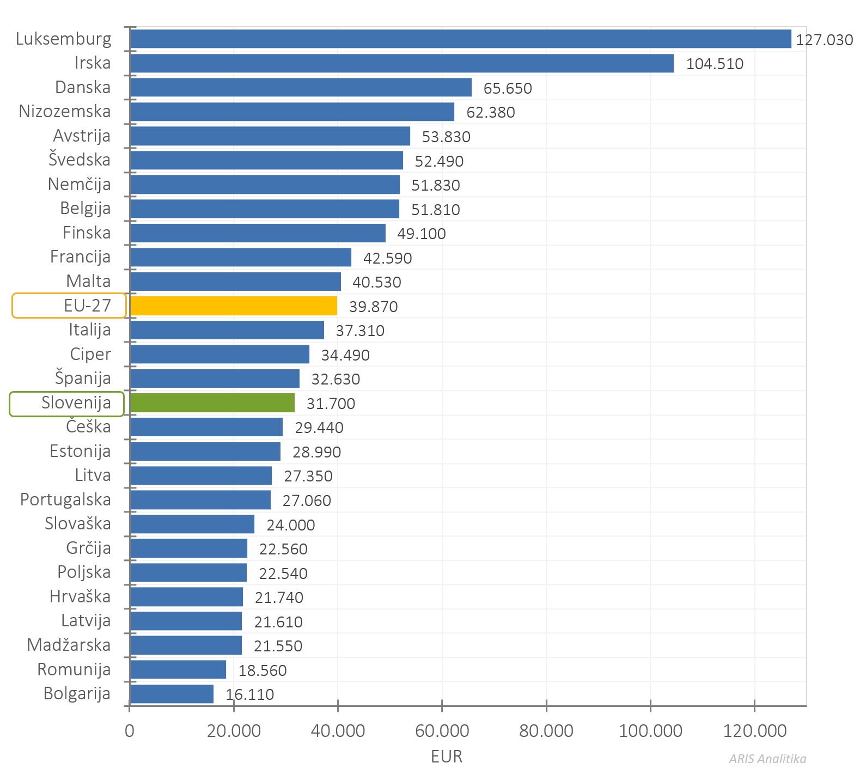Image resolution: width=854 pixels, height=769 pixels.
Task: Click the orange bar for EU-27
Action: coord(233,306)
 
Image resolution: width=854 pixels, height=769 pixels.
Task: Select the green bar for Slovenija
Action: coord(212,403)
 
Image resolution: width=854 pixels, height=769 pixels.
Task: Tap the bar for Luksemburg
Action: coord(460,39)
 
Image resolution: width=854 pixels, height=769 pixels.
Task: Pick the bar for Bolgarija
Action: coord(172,694)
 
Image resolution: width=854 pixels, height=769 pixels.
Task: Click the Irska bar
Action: coord(401,63)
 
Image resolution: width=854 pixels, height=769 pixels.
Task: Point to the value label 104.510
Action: coord(715,64)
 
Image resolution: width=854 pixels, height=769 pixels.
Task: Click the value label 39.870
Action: coord(373,307)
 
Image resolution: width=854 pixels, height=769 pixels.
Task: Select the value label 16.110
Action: coord(249,694)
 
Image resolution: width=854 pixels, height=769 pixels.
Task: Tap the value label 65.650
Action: coord(508,88)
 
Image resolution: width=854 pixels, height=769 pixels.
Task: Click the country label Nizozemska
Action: coord(65,111)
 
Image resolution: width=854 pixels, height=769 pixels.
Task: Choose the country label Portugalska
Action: coord(65,499)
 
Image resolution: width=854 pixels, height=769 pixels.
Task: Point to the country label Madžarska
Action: coord(69,645)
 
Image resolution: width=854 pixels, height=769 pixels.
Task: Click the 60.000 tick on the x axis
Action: coord(442,731)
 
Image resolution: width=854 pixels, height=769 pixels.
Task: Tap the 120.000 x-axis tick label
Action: coord(754,731)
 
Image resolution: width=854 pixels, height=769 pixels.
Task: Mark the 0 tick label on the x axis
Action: coord(129,731)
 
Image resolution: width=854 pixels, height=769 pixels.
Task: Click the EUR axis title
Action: coord(446,756)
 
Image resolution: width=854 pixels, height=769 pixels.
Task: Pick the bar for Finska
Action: coord(258,233)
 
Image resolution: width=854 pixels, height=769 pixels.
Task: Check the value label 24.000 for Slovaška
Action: coord(290,525)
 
